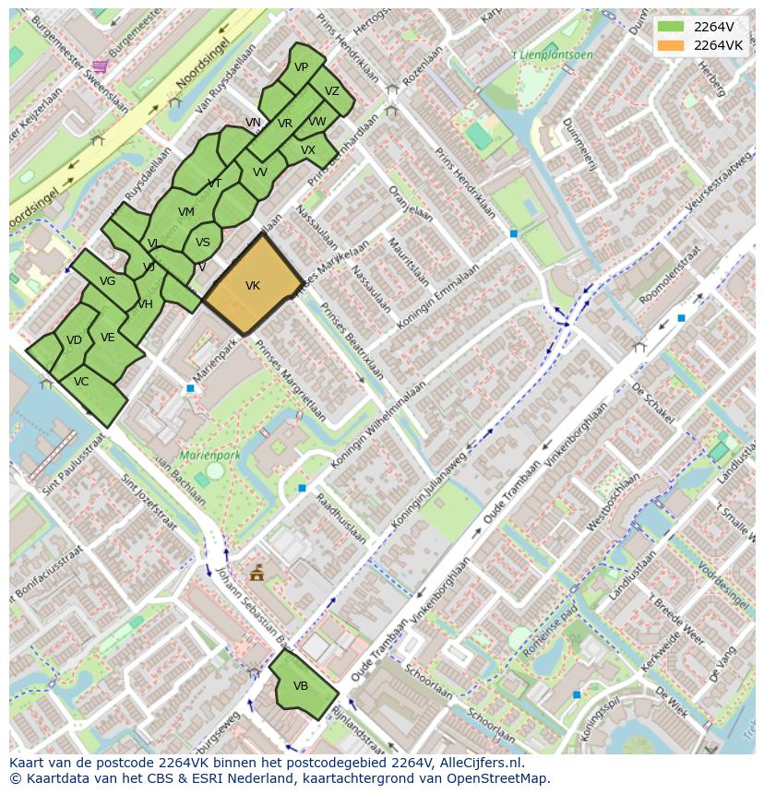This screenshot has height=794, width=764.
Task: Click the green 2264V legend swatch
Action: (x=671, y=28)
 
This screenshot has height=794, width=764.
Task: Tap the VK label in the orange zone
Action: (x=253, y=286)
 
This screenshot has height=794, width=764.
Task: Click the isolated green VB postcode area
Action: (x=302, y=686)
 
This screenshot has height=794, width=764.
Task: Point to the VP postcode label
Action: (x=302, y=67)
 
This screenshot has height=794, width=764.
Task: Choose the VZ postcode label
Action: (x=332, y=91)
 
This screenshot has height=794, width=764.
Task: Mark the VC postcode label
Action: (x=81, y=382)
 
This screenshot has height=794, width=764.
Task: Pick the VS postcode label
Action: (x=203, y=243)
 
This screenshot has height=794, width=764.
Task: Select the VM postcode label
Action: (x=186, y=212)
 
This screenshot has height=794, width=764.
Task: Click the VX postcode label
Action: (x=308, y=149)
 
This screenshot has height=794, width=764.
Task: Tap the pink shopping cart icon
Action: (x=100, y=65)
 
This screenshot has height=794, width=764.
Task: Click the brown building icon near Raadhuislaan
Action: (x=257, y=574)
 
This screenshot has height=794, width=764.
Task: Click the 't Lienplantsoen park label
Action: (x=555, y=54)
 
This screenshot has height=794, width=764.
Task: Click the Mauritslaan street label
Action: (x=404, y=263)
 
